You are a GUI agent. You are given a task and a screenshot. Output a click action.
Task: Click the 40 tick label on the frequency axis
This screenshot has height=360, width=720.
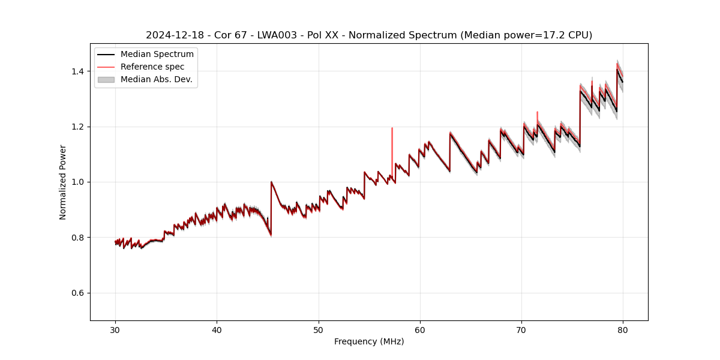point(217,329)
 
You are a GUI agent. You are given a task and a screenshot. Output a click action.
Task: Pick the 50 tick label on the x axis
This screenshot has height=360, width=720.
point(319,329)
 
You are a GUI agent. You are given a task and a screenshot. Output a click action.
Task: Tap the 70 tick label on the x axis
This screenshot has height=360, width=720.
point(521,329)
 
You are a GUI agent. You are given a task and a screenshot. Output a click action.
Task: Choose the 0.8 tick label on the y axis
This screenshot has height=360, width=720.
point(80,238)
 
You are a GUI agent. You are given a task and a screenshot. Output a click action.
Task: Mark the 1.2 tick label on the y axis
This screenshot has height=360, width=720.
point(80,127)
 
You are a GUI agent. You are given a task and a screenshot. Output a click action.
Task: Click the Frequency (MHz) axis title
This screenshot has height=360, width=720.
point(369,341)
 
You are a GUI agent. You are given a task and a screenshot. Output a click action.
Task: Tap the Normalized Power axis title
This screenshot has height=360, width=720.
point(63,182)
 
